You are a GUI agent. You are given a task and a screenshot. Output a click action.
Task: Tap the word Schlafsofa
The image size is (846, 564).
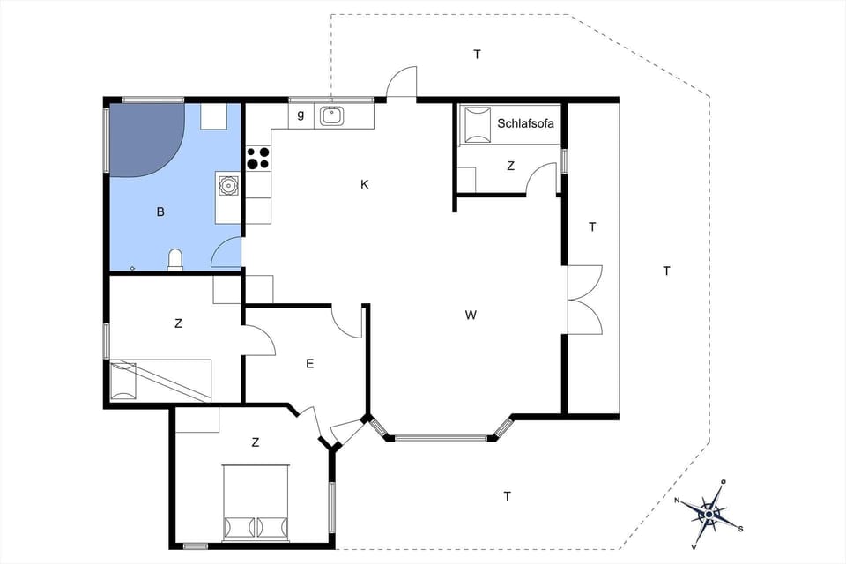point(526,124)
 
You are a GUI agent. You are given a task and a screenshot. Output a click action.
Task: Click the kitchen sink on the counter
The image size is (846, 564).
point(332,115)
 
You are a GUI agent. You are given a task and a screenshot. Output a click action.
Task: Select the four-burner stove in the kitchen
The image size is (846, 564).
point(258,158)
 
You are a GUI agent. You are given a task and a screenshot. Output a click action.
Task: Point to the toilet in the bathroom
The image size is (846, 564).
point(175,259)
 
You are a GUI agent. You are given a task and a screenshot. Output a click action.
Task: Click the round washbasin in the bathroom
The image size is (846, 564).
point(229,185)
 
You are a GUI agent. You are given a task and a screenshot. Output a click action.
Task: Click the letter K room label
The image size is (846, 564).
point(364,184)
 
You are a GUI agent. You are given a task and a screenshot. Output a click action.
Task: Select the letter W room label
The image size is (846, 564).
point(471,315)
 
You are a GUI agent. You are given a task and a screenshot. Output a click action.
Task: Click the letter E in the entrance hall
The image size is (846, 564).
point(309,363)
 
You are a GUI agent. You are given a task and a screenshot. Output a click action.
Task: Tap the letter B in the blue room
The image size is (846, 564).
point(160,211)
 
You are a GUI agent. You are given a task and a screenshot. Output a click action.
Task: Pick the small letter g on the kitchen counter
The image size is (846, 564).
point(301,115)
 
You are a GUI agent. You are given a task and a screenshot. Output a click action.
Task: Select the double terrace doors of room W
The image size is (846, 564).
point(583,299)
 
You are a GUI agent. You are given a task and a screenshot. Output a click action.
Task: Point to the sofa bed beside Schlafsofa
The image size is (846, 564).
point(476,124)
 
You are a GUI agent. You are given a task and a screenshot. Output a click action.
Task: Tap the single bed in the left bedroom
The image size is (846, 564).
point(160,380)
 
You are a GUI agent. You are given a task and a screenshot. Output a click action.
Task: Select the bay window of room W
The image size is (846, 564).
point(441,434)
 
